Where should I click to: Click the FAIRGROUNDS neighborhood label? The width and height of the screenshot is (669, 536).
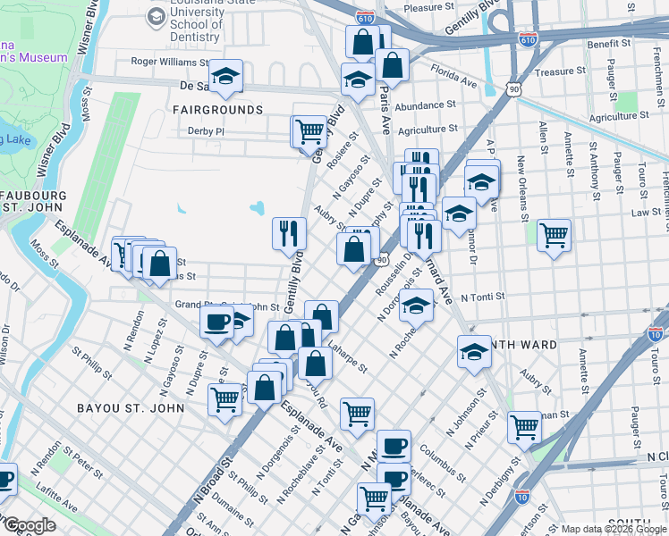[x=220, y=110]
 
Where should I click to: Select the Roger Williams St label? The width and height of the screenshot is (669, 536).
[x=170, y=63]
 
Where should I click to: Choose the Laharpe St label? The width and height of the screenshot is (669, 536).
[x=346, y=359]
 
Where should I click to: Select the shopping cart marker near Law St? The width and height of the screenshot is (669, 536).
[x=555, y=235]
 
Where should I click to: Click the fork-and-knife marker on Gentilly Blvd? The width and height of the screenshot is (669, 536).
[x=289, y=234]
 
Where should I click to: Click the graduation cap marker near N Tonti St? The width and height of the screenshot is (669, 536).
[x=416, y=306]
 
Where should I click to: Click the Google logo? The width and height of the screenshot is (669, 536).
[x=29, y=526]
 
